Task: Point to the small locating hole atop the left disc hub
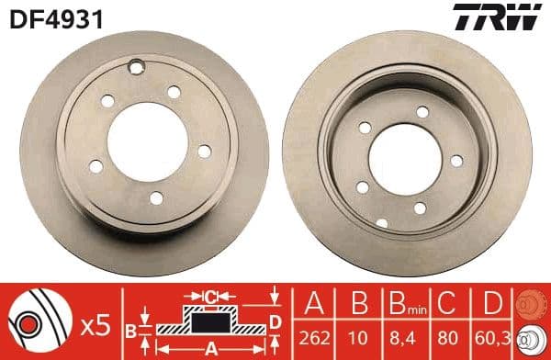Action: (137, 66)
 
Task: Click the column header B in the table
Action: (360, 303)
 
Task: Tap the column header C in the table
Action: (448, 303)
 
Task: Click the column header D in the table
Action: (491, 303)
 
